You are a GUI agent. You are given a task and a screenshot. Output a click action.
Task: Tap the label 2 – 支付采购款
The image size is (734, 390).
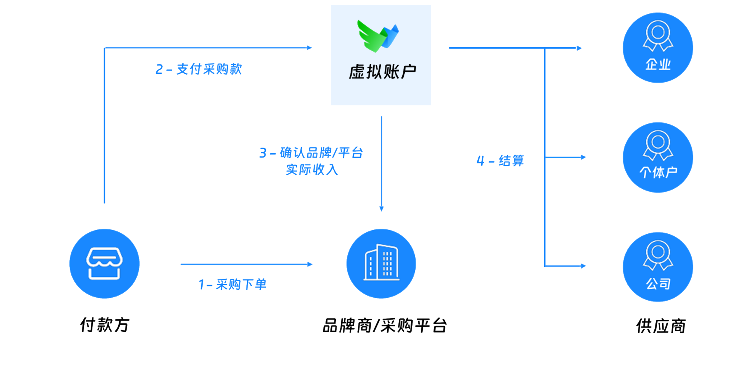(x=199, y=69)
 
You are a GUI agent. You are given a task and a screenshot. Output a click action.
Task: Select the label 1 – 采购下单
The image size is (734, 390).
(x=232, y=284)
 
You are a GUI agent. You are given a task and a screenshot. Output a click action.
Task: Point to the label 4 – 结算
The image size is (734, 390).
(x=500, y=161)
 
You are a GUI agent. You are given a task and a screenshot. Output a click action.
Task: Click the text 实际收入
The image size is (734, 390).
(x=312, y=170)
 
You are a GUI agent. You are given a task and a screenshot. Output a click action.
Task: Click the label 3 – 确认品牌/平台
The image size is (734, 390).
(x=311, y=153)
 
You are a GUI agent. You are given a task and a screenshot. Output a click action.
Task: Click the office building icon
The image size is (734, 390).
(x=381, y=263)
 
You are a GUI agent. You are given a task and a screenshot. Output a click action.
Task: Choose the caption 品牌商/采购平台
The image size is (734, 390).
(x=385, y=325)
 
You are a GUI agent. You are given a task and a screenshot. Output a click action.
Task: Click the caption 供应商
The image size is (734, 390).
(x=661, y=326)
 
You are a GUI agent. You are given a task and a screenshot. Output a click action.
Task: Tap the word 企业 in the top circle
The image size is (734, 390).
(x=658, y=65)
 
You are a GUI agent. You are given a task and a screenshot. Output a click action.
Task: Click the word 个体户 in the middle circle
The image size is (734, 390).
(x=658, y=172)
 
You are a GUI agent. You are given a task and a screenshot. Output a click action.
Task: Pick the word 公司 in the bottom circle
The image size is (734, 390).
(x=658, y=284)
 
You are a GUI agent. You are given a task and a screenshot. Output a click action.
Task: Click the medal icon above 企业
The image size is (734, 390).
(x=658, y=36)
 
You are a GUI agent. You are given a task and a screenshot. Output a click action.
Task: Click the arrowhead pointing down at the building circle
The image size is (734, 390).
(x=382, y=209)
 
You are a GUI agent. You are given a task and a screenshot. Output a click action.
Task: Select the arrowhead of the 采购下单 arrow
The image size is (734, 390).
(x=310, y=264)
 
